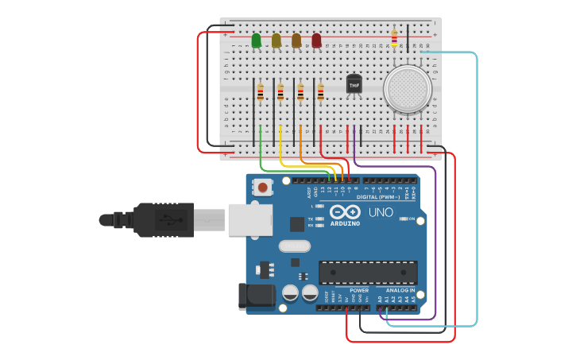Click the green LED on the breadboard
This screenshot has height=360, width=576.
(256, 40)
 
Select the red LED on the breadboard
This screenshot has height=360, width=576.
(316, 40)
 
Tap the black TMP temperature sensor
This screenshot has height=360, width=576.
(354, 83)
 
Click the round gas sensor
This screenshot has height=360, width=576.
(408, 87)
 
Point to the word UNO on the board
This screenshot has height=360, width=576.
(380, 212)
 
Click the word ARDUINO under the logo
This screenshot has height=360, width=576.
(345, 223)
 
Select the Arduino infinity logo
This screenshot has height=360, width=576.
(345, 212)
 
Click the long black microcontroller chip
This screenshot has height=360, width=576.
(368, 272)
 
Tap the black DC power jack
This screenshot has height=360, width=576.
(256, 296)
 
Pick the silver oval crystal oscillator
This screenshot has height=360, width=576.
(294, 246)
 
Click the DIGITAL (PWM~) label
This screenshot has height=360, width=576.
(378, 196)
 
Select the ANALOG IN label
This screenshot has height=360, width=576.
(400, 290)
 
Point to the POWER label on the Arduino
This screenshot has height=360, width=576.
(359, 290)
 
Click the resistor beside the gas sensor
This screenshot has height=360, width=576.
(394, 37)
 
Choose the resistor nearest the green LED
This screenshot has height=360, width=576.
(260, 93)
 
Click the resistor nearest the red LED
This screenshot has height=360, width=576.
(320, 93)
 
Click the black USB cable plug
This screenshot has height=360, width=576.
(163, 220)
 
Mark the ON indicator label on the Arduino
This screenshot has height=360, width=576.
(412, 219)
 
